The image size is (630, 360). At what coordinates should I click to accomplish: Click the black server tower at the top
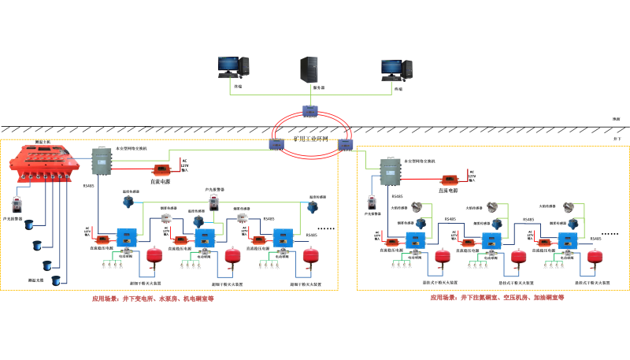(x=309, y=69)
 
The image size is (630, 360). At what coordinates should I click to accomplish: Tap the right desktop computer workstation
(x=396, y=70)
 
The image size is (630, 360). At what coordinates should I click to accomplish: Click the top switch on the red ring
(x=309, y=111)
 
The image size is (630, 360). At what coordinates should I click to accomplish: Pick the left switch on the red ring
(x=276, y=144)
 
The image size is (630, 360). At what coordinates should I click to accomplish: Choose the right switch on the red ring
(x=345, y=145)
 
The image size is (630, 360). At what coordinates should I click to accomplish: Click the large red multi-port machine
(x=44, y=162)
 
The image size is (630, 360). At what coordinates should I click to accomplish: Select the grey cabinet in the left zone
(x=102, y=161)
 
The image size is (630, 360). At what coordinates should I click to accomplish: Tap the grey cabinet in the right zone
(x=390, y=172)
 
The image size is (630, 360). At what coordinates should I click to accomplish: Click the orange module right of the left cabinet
(x=161, y=169)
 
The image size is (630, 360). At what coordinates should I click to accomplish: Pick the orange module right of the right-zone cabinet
(x=449, y=180)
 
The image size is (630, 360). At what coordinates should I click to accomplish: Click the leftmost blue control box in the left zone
(x=126, y=237)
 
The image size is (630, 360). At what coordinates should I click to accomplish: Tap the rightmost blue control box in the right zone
(x=567, y=241)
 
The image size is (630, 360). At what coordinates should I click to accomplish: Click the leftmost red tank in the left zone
(x=154, y=255)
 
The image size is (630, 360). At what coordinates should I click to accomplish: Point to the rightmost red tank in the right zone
(x=594, y=257)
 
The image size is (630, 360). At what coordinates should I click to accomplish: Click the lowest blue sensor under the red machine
(x=56, y=280)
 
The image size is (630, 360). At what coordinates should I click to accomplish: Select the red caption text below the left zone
(x=153, y=299)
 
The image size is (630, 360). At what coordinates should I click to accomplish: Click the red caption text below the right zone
(x=496, y=298)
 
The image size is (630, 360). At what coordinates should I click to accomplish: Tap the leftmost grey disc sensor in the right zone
(x=417, y=207)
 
